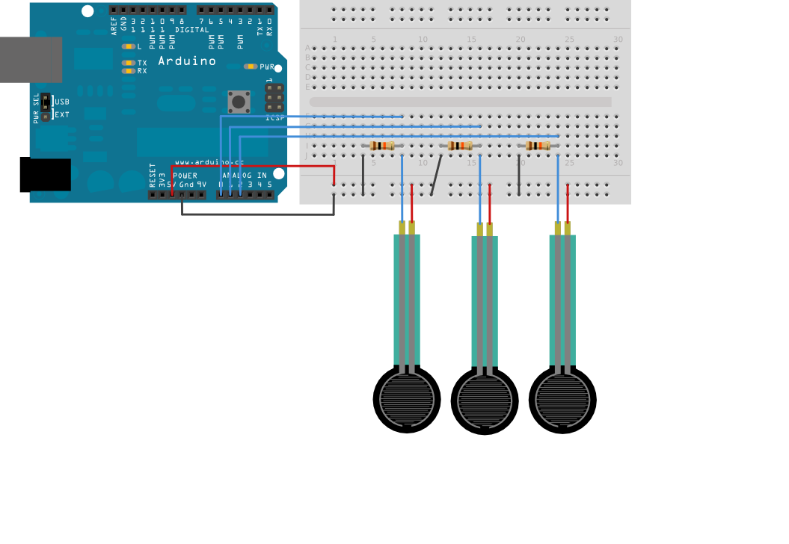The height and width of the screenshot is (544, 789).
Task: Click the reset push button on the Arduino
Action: tap(239, 102)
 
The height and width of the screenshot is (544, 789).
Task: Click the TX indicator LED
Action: tap(129, 63)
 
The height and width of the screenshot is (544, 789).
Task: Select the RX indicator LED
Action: tap(129, 71)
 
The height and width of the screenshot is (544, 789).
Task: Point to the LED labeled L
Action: tap(128, 46)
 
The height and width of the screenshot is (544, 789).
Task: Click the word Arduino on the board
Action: tap(187, 61)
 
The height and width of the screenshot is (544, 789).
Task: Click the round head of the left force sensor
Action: tap(406, 400)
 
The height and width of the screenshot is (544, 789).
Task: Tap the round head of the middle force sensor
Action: tap(485, 401)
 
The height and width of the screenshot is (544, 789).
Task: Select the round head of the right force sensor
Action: tap(562, 400)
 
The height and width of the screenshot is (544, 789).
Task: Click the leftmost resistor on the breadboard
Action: tap(382, 146)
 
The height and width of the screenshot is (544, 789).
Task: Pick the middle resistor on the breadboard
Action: tap(460, 146)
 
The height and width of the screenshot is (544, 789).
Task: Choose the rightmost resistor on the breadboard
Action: tap(538, 146)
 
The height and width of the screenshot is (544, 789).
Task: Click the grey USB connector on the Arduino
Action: tap(30, 60)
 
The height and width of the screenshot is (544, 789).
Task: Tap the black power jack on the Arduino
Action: tap(45, 175)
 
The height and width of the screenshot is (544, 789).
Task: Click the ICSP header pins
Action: tap(274, 98)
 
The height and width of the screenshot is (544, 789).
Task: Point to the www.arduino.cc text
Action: tap(209, 161)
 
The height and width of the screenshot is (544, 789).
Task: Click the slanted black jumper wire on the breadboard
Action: tap(435, 176)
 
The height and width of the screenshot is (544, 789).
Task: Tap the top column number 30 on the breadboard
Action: tap(617, 40)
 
